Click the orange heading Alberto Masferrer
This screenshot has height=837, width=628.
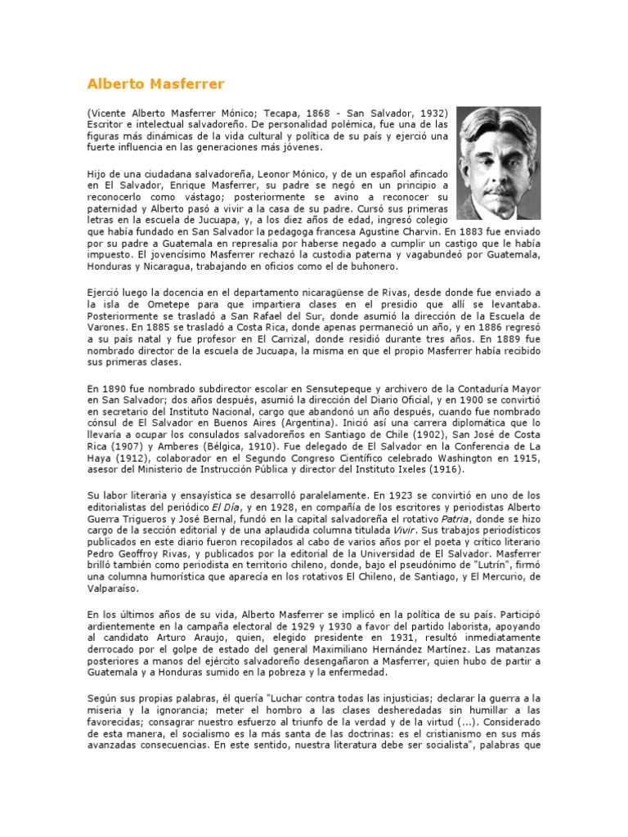[x=155, y=84]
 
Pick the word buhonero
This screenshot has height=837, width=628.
[x=372, y=266]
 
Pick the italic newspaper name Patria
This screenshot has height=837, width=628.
[x=454, y=518]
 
